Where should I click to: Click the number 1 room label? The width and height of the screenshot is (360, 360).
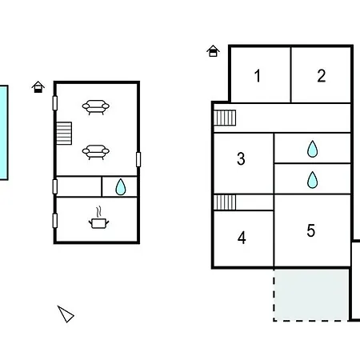tap(258, 76)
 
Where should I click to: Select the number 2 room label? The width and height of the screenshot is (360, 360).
tap(322, 76)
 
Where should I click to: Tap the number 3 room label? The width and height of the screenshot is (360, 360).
tap(241, 158)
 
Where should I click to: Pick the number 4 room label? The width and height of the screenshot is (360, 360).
tap(242, 238)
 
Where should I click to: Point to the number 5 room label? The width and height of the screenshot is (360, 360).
tap(311, 230)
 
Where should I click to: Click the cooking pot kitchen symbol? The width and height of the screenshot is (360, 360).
tap(98, 218)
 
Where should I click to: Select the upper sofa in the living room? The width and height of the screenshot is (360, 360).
tap(96, 107)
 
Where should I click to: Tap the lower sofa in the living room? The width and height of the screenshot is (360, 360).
tap(96, 152)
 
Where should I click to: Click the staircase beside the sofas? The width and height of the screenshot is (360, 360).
tap(64, 134)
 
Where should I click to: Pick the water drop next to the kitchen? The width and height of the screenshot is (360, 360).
tap(121, 187)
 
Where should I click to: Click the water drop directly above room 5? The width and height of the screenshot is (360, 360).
tap(312, 180)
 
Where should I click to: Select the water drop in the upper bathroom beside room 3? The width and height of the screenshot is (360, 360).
tap(312, 149)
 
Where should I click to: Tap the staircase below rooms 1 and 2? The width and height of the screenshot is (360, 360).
tap(225, 118)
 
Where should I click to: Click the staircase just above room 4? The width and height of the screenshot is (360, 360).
tap(225, 202)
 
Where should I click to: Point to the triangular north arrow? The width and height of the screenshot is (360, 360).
tap(66, 314)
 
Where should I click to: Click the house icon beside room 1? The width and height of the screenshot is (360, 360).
tap(213, 50)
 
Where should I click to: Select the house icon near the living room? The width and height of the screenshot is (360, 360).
tap(38, 86)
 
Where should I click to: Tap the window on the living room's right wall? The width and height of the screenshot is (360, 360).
tap(138, 159)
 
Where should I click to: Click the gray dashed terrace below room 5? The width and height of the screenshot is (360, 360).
tap(311, 294)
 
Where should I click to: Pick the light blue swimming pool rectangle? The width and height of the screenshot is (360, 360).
tap(4, 133)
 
